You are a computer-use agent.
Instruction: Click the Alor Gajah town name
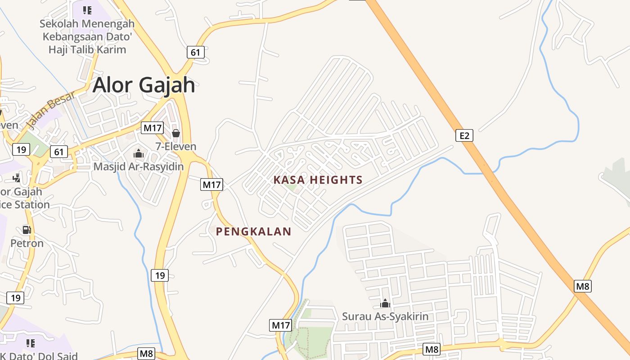coord(144,85)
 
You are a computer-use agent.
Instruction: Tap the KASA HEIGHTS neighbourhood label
coord(318,180)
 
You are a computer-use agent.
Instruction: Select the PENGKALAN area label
coord(253,232)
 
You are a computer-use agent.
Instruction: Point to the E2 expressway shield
coord(464,135)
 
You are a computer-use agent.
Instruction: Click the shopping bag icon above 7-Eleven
coord(175,133)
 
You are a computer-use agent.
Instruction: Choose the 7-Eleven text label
coord(176,146)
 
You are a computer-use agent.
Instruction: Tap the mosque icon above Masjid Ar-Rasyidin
coord(139,153)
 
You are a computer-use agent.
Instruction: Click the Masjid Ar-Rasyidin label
coord(139,166)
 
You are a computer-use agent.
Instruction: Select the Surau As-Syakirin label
coord(385,316)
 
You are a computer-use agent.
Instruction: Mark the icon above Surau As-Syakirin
coord(385,303)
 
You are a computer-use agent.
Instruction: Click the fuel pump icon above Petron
coord(27,230)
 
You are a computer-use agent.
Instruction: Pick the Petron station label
coord(27,243)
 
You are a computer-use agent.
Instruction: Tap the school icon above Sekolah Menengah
coord(87,10)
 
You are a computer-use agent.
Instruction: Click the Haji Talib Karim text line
coord(87,49)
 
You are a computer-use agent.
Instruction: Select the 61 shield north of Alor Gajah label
coord(196,52)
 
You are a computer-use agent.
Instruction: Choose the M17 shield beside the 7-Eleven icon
coord(152,128)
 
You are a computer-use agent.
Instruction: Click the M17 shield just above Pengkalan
coord(211,184)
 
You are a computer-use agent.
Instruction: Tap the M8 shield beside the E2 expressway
coord(583,286)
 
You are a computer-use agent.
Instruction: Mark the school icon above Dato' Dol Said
coord(31,343)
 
